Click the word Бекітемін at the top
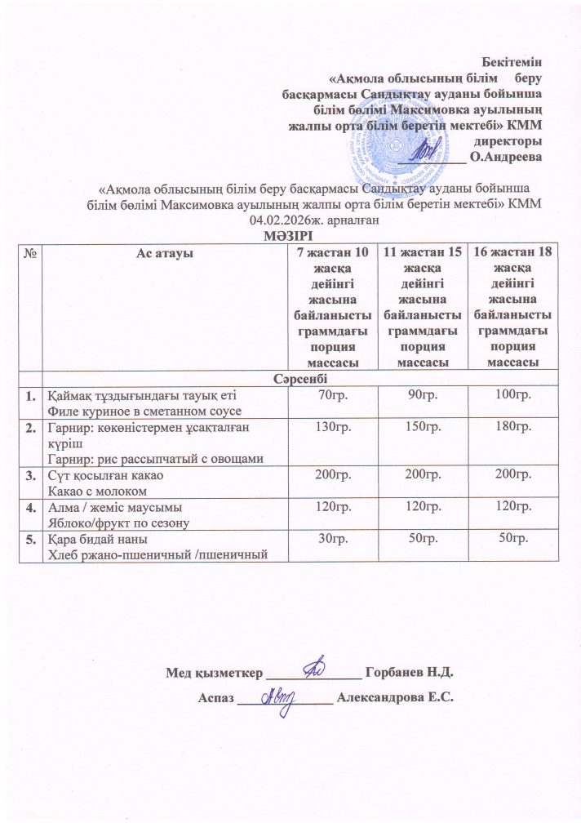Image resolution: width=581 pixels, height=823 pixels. pos(512,60)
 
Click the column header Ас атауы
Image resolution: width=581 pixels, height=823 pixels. pos(164,252)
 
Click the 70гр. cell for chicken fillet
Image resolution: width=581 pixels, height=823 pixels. pos(334,396)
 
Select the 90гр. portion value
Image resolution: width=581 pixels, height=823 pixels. pos(423,396)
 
